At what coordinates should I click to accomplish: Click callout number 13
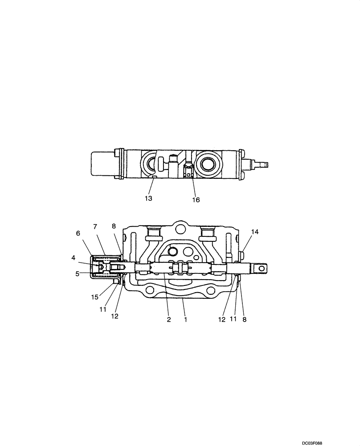(x=148, y=198)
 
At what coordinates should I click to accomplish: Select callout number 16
(x=196, y=200)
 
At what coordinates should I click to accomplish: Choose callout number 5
(x=77, y=274)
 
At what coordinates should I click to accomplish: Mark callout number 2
(x=169, y=319)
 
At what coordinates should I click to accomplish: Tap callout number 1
(x=186, y=319)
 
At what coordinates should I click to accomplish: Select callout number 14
(x=254, y=232)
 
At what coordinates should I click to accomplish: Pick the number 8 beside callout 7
(x=114, y=227)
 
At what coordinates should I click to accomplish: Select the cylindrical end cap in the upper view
(x=102, y=164)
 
